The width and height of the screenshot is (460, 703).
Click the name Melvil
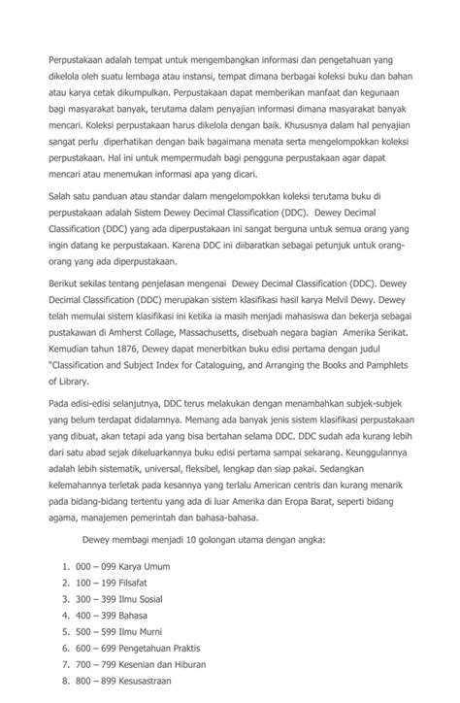tap(350, 301)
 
